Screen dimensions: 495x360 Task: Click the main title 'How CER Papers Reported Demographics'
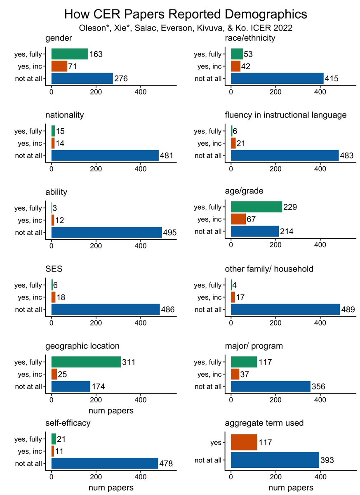(186, 14)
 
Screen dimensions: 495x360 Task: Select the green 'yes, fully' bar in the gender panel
(69, 54)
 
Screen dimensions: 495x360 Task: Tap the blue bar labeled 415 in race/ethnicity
(277, 78)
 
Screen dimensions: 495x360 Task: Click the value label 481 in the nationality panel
(167, 156)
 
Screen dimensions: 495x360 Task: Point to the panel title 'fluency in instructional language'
(285, 115)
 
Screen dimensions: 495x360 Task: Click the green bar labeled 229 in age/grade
(256, 207)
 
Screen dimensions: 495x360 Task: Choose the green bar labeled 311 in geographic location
(86, 362)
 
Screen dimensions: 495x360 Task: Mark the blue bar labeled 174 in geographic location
(71, 387)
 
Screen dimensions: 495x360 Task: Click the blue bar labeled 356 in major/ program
(271, 387)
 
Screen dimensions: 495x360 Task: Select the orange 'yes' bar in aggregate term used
(244, 443)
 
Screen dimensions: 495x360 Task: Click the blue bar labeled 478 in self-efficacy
(104, 464)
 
